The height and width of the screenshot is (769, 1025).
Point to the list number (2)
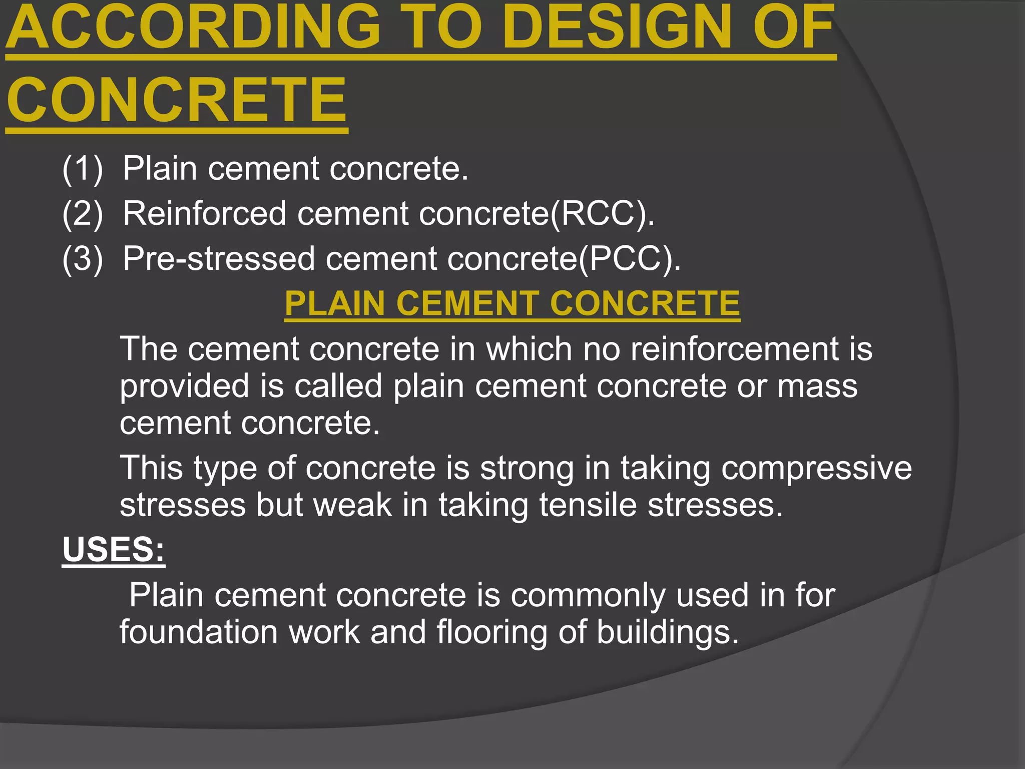(83, 213)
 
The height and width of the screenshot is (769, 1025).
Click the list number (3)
(83, 258)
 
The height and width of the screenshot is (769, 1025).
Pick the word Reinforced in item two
(204, 213)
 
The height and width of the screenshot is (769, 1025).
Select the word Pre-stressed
(219, 258)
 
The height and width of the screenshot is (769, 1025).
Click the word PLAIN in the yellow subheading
(334, 303)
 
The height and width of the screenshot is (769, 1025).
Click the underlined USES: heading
(114, 550)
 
